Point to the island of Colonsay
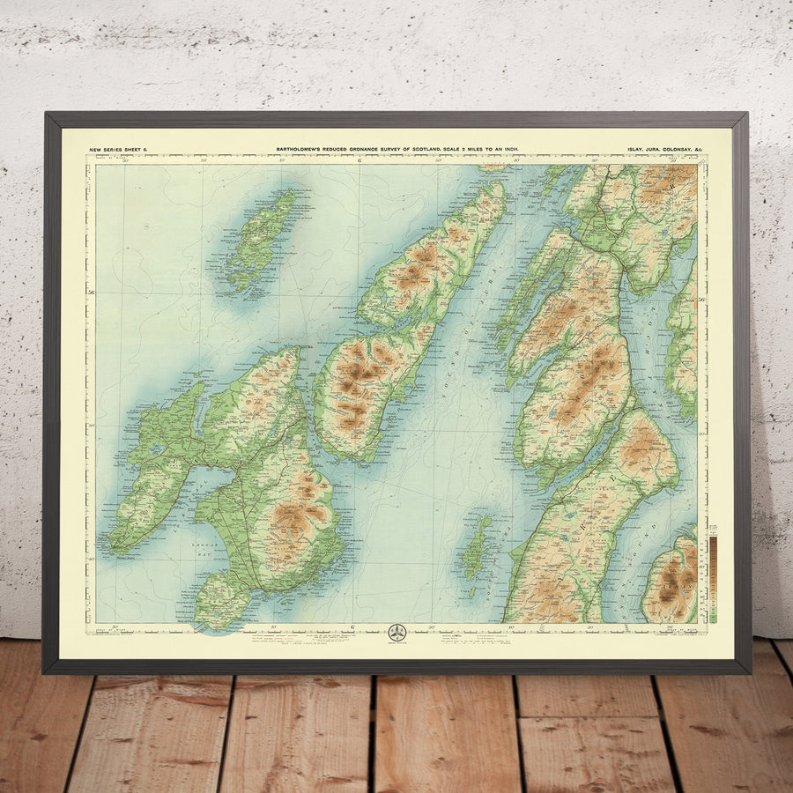point(259,238)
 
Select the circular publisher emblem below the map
point(397,633)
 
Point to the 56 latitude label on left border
point(90,292)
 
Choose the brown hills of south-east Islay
point(295,515)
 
